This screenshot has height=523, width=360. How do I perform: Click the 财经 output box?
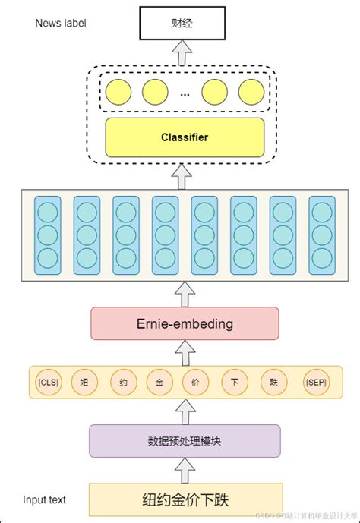[184, 23]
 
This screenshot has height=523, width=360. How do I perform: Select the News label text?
[61, 23]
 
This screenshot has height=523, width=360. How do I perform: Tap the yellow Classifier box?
[184, 137]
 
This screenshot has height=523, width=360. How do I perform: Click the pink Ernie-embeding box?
[184, 323]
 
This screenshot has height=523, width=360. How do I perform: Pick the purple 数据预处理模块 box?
[184, 441]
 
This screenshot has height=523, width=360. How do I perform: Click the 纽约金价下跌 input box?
[185, 500]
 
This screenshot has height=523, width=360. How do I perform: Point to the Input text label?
[44, 499]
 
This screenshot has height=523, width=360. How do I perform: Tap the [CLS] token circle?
[48, 383]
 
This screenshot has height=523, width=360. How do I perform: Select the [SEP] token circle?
[315, 383]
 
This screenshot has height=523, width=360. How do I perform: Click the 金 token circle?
[159, 383]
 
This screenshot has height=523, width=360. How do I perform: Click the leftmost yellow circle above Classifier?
[118, 93]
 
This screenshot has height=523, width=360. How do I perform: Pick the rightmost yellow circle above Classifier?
[251, 93]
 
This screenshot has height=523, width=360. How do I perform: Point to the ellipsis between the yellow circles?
[185, 94]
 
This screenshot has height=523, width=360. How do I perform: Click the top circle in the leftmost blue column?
[48, 212]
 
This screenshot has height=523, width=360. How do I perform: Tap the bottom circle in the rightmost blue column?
[321, 257]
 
